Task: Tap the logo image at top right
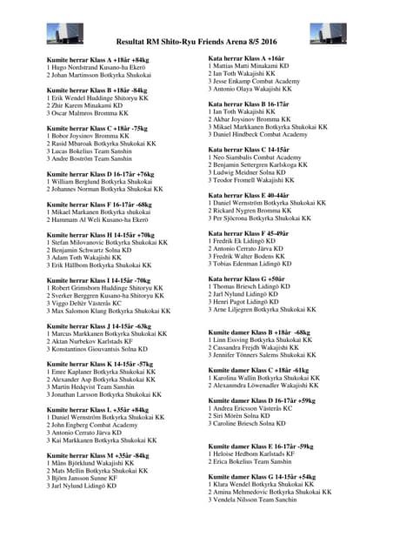pos(328,33)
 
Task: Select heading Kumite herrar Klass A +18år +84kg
pos(98,59)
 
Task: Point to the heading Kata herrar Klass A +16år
pos(246,57)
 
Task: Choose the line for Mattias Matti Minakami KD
pos(249,65)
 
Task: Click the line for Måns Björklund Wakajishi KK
pos(90,462)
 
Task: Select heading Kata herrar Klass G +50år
pos(248,278)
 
